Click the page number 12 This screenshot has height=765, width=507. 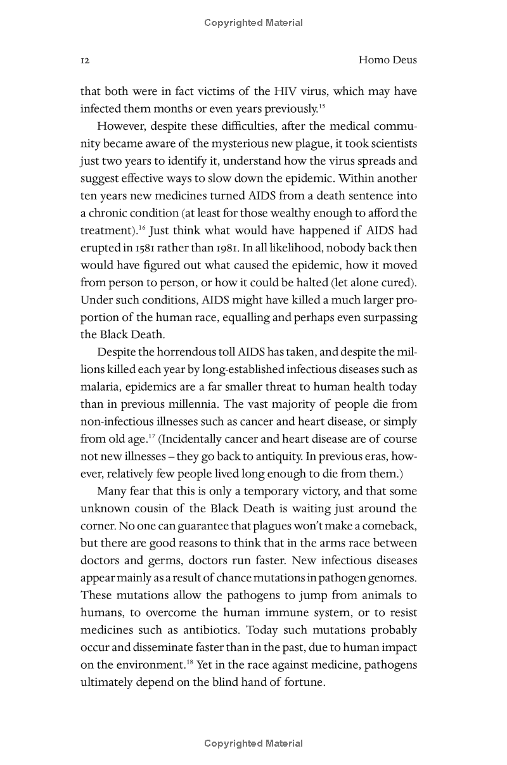point(85,61)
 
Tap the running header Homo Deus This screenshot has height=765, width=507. point(387,60)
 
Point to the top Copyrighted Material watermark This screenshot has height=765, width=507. point(253,23)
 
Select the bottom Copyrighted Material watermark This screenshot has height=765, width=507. point(253,743)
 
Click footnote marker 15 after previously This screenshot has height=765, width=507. point(322,106)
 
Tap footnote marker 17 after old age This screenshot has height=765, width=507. point(152,436)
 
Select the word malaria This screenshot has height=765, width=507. point(100,386)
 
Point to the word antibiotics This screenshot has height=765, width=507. point(210,630)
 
